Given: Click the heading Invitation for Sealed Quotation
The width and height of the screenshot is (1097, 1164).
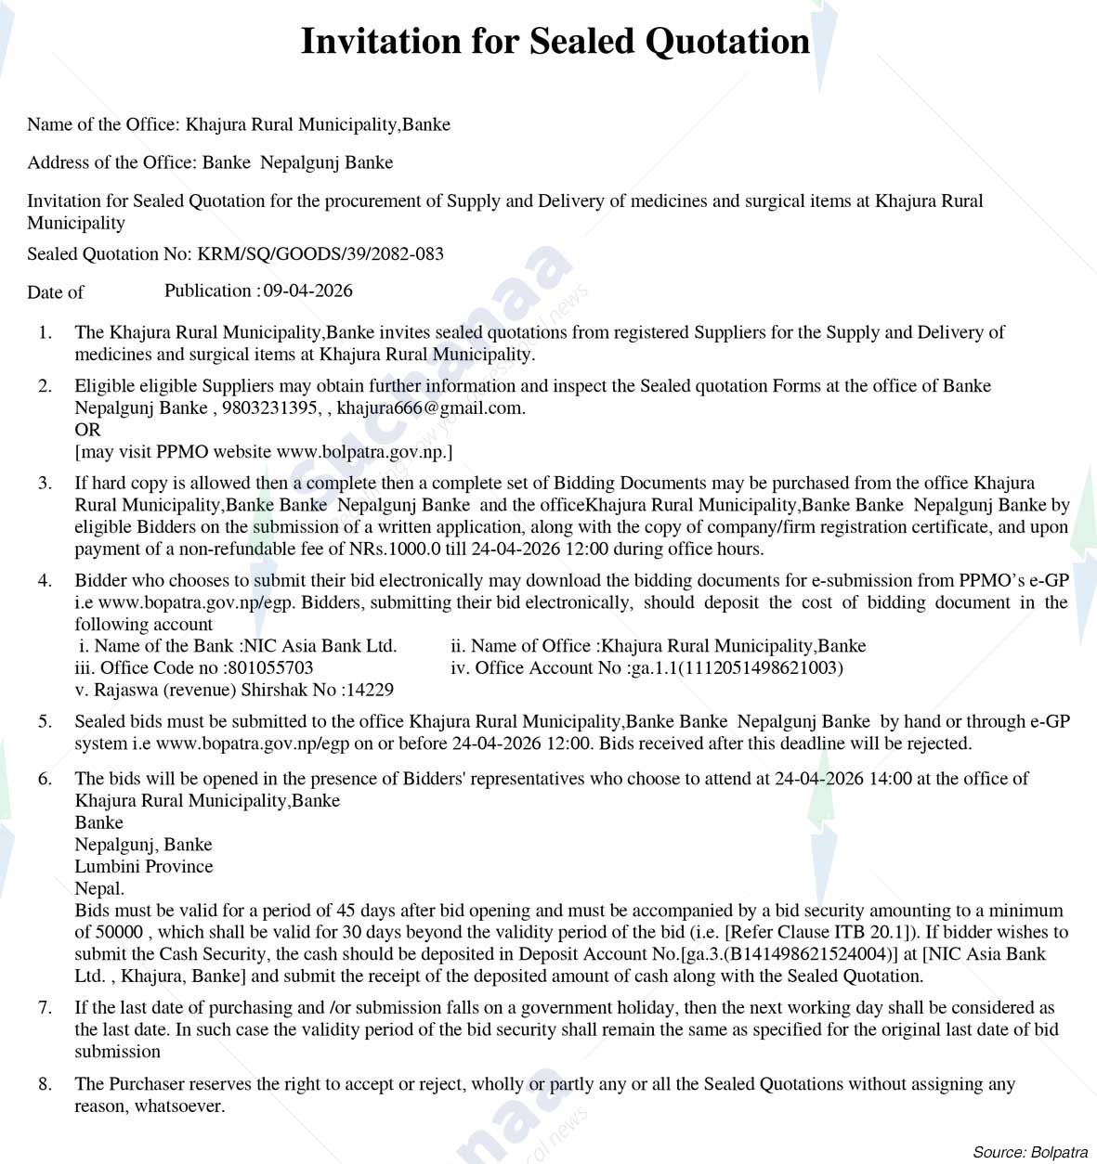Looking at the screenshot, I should (x=555, y=42).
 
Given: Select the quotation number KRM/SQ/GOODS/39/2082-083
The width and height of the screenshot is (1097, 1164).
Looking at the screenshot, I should (x=320, y=254).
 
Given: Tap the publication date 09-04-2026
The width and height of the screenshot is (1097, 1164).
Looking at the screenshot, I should (x=308, y=291).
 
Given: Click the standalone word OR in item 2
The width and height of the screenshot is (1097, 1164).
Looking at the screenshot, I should (x=87, y=430).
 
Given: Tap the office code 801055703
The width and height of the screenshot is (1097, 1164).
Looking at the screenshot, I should (x=269, y=668).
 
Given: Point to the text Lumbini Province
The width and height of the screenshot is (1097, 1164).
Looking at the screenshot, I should (x=144, y=867).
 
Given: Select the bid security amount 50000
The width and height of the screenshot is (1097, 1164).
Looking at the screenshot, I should (x=120, y=933).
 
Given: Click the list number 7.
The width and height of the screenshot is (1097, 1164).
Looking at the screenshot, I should (x=45, y=1008).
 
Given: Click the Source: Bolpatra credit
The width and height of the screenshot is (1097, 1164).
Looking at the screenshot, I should (x=1029, y=1152).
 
